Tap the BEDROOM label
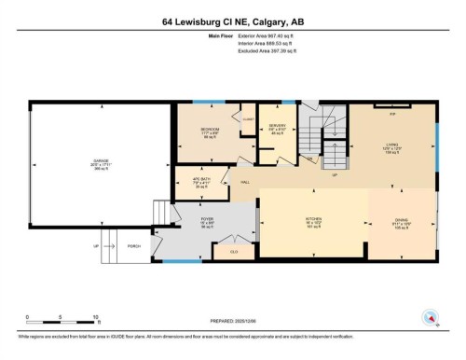210,129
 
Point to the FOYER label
208,219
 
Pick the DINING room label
400,221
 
